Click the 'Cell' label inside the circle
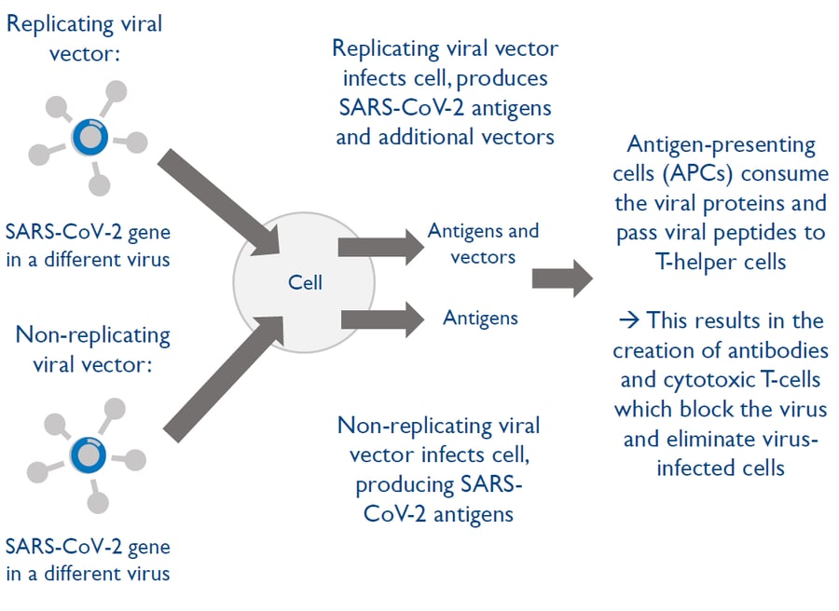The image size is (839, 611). (x=304, y=281)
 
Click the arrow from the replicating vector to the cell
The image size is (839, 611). (x=223, y=199)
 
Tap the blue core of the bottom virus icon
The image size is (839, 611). (x=89, y=455)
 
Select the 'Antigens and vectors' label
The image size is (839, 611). (x=482, y=243)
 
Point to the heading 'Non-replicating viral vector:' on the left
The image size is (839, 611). (x=88, y=348)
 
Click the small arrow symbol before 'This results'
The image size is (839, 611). (x=627, y=320)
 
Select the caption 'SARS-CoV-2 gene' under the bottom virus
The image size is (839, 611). (x=87, y=545)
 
